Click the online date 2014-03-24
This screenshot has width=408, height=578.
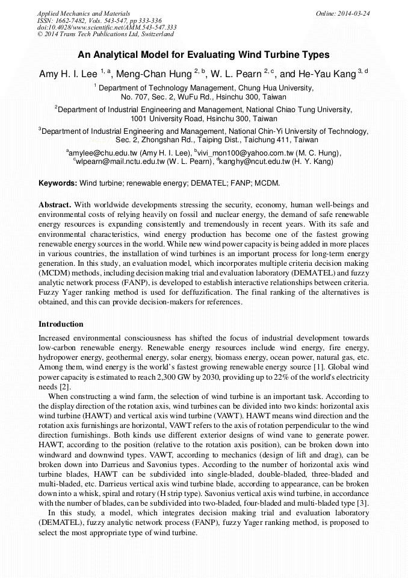[354, 13]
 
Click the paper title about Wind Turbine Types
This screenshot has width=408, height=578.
[203, 55]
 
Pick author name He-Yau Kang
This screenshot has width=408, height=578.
[330, 74]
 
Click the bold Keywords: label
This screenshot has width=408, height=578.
[58, 183]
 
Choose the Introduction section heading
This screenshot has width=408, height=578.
[61, 324]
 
